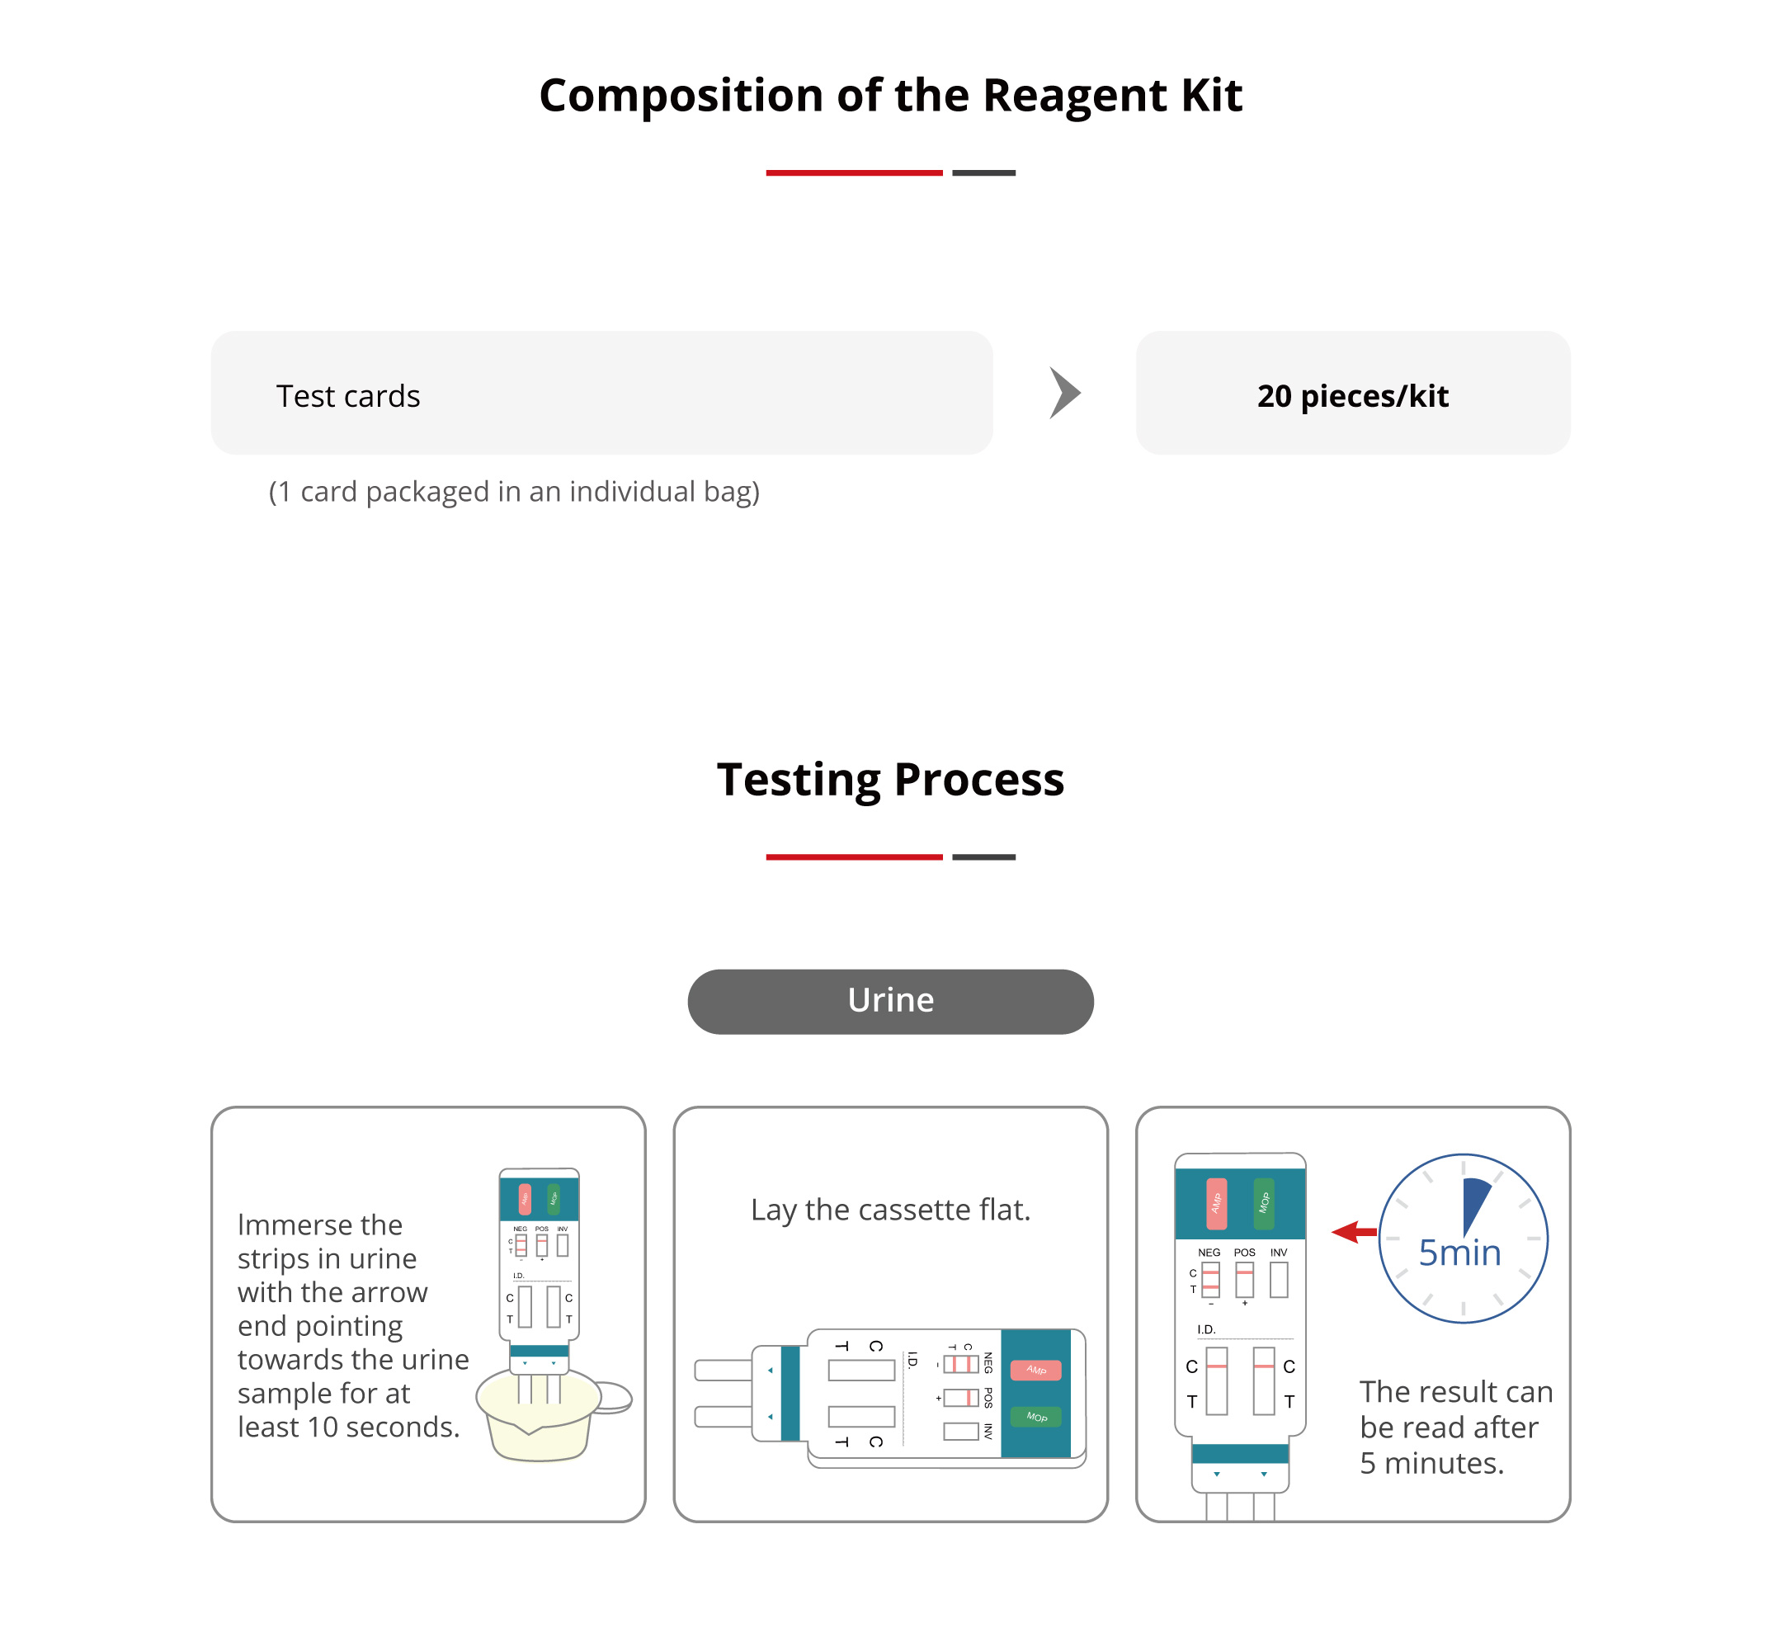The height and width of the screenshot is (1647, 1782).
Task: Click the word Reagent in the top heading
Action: (1073, 97)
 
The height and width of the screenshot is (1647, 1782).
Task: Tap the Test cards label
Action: (347, 396)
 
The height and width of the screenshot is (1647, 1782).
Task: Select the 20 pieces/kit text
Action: (1352, 396)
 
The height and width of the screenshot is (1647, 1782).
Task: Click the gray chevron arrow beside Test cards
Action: (1065, 393)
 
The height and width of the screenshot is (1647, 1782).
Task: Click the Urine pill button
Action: (890, 1001)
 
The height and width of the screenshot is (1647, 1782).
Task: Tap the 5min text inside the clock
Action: (1459, 1253)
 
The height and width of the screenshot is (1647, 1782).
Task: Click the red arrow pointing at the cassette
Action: (1354, 1233)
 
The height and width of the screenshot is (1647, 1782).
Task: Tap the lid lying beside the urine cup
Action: (612, 1398)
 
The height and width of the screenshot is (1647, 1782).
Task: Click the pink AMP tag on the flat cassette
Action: (1035, 1370)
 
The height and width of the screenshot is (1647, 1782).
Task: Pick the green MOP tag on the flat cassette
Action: (1035, 1417)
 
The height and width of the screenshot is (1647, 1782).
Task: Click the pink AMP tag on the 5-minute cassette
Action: (1216, 1203)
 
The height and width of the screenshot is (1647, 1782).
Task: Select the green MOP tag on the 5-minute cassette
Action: (1263, 1203)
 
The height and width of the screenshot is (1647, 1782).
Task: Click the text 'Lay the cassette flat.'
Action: (890, 1210)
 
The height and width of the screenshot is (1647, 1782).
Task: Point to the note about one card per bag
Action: (514, 491)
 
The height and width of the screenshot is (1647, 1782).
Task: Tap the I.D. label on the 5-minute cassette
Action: (1205, 1328)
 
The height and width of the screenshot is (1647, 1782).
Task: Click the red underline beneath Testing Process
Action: (854, 857)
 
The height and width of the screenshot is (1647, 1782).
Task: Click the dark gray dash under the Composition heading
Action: (983, 173)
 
